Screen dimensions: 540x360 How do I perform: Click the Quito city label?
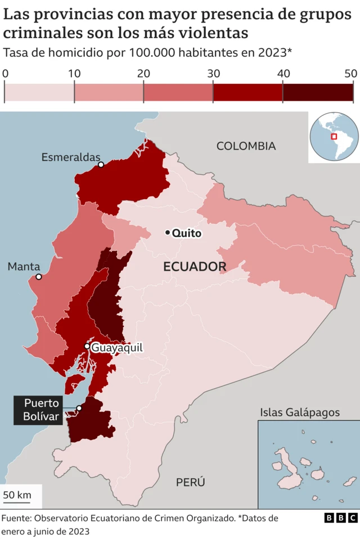click(186, 233)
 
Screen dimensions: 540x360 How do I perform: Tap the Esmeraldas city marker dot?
click(101, 165)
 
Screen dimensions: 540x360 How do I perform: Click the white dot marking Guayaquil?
click(87, 346)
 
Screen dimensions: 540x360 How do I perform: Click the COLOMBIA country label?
click(246, 146)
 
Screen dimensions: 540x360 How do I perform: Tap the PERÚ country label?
click(190, 482)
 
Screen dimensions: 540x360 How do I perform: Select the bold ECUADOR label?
click(195, 267)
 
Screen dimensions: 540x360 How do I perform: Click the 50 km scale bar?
click(17, 496)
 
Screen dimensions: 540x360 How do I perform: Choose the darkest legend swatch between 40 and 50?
click(318, 91)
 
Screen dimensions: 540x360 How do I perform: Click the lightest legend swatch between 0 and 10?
click(39, 91)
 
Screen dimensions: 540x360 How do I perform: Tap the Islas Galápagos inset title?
click(300, 412)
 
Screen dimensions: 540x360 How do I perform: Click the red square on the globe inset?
click(334, 136)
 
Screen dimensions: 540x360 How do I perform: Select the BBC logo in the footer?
click(341, 518)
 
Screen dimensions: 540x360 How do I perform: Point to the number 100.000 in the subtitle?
click(152, 53)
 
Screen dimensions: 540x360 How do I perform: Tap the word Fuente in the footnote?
click(16, 518)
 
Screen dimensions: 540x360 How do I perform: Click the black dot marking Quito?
click(168, 233)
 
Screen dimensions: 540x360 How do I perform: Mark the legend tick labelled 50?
click(351, 73)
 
